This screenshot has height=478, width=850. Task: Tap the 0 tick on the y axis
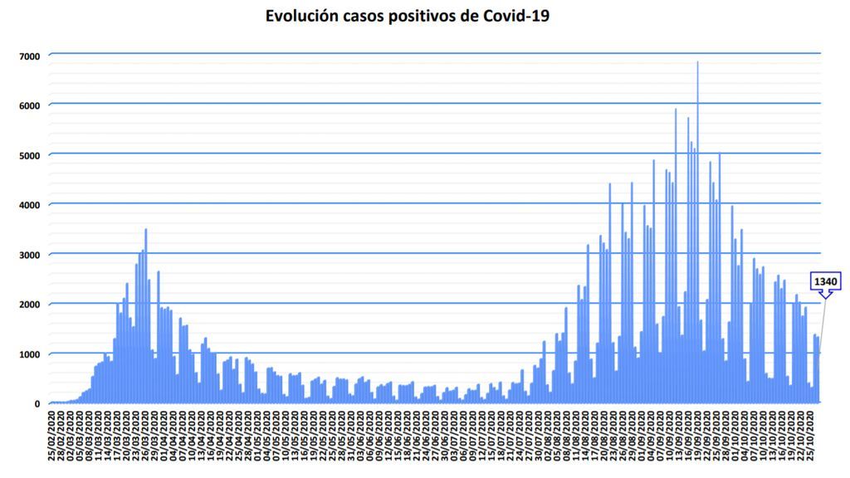point(37,404)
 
